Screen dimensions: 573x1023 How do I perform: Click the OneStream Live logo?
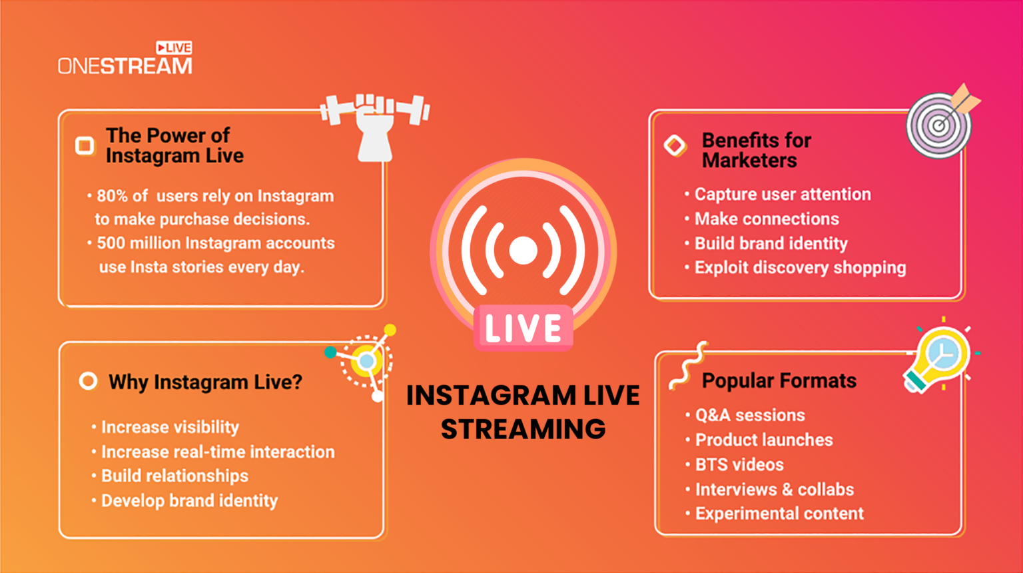125,59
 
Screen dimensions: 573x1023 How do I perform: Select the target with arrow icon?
940,123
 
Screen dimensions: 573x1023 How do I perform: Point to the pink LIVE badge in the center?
523,328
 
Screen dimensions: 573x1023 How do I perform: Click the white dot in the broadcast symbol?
523,250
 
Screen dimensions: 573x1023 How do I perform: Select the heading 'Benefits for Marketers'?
756,151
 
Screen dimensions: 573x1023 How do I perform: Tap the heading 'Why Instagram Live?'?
205,382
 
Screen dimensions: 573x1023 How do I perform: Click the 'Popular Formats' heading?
779,380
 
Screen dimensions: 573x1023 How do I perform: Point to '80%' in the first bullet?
112,196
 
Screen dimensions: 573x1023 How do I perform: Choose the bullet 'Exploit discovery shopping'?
800,268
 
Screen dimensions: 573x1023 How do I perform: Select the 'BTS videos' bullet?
739,464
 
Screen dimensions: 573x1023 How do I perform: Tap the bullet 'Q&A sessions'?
750,415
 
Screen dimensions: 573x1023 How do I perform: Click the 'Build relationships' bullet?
174,476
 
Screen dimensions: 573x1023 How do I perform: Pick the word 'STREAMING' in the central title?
523,429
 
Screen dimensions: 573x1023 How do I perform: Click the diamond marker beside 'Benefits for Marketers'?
675,145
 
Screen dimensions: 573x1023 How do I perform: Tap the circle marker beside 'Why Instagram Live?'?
88,381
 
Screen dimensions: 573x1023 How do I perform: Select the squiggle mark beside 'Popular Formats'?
687,366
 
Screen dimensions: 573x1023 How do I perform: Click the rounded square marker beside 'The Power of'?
85,145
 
